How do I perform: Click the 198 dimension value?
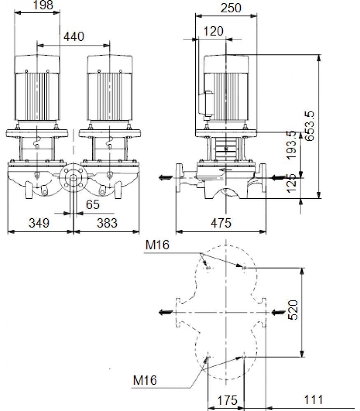43,5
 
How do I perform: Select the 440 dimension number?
74,37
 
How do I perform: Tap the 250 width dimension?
231,8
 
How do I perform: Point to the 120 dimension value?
213,32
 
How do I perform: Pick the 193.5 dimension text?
291,145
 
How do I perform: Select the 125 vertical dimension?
291,183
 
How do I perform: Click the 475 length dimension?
221,223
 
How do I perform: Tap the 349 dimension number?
39,223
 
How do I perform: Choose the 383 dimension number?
107,223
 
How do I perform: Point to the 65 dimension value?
93,204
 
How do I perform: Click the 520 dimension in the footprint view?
293,310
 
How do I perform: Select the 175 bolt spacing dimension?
227,400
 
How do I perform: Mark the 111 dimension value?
313,400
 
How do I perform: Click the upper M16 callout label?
158,245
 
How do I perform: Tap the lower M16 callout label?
145,380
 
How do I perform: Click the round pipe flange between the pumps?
73,178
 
